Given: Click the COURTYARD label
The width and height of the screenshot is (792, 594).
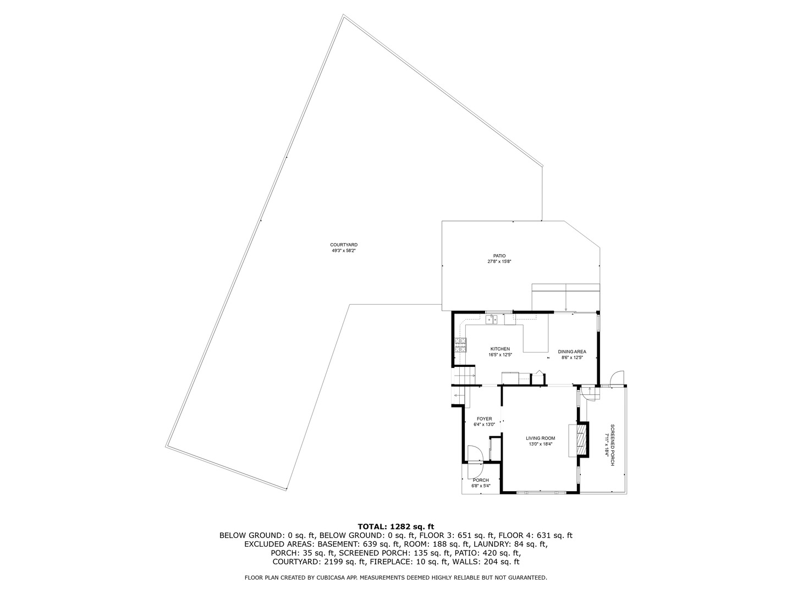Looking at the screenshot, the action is (x=344, y=245).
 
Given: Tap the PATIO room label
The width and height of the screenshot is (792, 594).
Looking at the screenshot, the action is (x=499, y=256).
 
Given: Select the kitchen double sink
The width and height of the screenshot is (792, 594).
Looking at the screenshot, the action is (x=492, y=320).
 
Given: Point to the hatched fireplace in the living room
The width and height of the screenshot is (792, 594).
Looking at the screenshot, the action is (x=581, y=441).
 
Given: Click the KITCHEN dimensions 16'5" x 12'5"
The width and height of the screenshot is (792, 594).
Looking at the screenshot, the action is (x=500, y=355).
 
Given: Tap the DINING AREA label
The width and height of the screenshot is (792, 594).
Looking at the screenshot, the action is (x=572, y=351).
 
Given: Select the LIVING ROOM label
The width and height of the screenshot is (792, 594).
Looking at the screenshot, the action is (x=540, y=438).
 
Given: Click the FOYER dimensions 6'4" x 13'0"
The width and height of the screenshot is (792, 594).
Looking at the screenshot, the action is (x=484, y=425).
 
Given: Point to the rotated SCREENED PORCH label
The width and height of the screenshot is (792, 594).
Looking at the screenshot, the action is (x=612, y=445).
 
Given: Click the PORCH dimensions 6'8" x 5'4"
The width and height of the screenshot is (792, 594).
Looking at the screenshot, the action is (x=481, y=486).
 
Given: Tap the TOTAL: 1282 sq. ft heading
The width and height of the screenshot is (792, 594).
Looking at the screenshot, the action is (x=396, y=526).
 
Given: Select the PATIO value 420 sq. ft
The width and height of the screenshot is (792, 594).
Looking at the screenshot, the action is (x=501, y=553).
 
